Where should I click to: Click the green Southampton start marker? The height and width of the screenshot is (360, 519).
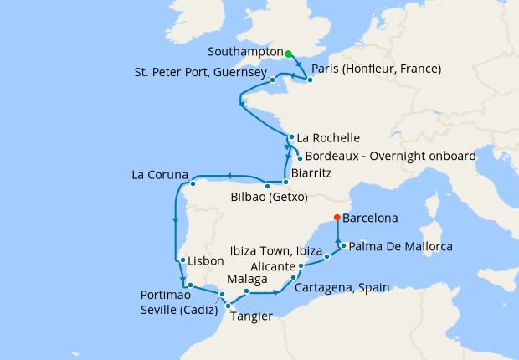(x=288, y=54)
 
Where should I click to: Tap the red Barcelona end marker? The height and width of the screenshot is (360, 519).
(x=337, y=218)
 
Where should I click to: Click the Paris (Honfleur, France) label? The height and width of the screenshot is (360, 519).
(x=376, y=69)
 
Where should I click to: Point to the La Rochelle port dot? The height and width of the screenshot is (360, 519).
(x=290, y=137)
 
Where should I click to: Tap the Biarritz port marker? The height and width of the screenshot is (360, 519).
(x=285, y=182)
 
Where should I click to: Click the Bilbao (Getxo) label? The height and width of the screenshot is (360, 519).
(x=269, y=198)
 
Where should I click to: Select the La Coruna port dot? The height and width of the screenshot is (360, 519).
(x=193, y=183)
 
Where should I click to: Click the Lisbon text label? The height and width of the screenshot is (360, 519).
(x=205, y=260)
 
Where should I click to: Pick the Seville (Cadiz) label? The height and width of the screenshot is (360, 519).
(x=177, y=309)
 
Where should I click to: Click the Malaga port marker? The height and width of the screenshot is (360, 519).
(x=247, y=291)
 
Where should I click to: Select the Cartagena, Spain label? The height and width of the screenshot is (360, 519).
(x=342, y=287)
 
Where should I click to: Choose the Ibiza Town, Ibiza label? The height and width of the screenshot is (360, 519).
(x=275, y=250)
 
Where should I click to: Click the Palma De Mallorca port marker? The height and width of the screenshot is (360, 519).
(x=342, y=244)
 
